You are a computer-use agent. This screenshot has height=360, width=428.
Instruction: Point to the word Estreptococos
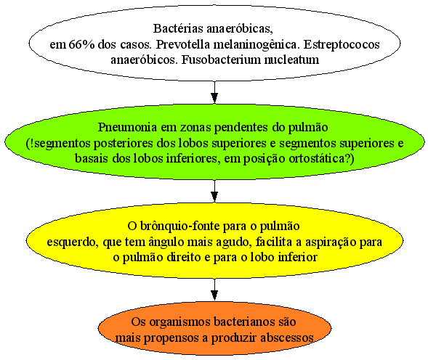(342, 44)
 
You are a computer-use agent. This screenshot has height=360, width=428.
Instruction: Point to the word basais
(92, 158)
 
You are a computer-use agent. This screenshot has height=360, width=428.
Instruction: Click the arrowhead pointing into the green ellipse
(214, 98)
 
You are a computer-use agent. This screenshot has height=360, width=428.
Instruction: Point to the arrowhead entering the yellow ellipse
(214, 197)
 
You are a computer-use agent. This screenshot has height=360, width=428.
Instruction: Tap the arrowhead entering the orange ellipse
(214, 295)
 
